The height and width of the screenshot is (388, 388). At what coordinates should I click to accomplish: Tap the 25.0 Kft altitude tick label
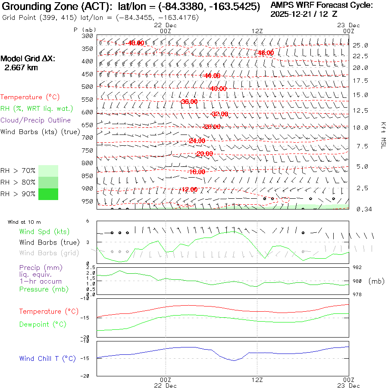[360, 45]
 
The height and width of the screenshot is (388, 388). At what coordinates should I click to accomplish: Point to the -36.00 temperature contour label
[189, 102]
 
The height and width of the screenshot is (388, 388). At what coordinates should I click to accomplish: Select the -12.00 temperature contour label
[189, 189]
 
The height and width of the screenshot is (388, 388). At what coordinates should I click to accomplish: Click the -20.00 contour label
[204, 154]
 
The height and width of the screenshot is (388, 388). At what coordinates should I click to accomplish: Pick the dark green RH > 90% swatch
[48, 194]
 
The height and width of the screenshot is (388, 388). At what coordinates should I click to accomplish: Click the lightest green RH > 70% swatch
[48, 171]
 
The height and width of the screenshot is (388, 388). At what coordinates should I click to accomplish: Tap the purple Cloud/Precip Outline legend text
[36, 120]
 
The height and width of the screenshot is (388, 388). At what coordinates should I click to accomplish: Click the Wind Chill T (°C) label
[47, 359]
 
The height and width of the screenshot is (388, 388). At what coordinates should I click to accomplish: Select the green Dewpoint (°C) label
[43, 324]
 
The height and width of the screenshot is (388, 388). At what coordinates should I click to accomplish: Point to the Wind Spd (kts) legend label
[44, 232]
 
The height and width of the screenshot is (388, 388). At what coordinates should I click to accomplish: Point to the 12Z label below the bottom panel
[257, 380]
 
